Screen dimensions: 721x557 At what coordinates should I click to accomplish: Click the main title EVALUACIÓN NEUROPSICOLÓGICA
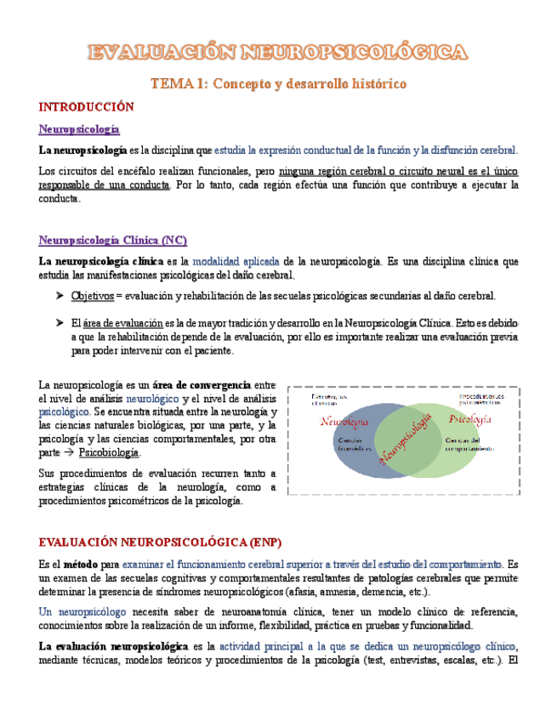[278, 53]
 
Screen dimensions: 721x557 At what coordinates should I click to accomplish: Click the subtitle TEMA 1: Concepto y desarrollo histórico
[278, 84]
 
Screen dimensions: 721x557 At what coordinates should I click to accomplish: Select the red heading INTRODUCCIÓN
[87, 107]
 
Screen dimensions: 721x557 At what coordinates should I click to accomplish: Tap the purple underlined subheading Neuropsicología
[79, 129]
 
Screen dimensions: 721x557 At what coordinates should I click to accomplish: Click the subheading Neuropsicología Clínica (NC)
[113, 240]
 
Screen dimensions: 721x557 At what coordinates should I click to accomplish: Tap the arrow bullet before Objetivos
[60, 296]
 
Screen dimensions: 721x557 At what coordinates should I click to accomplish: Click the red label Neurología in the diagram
[344, 422]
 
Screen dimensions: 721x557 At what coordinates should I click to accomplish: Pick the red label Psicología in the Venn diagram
[469, 419]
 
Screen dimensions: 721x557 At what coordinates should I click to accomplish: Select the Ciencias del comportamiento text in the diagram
[468, 444]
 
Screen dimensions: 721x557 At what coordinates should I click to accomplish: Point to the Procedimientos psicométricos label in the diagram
[480, 398]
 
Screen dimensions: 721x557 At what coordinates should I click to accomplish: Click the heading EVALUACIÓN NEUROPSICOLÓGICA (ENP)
[160, 542]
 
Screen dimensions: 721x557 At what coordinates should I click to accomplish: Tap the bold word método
[80, 564]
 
